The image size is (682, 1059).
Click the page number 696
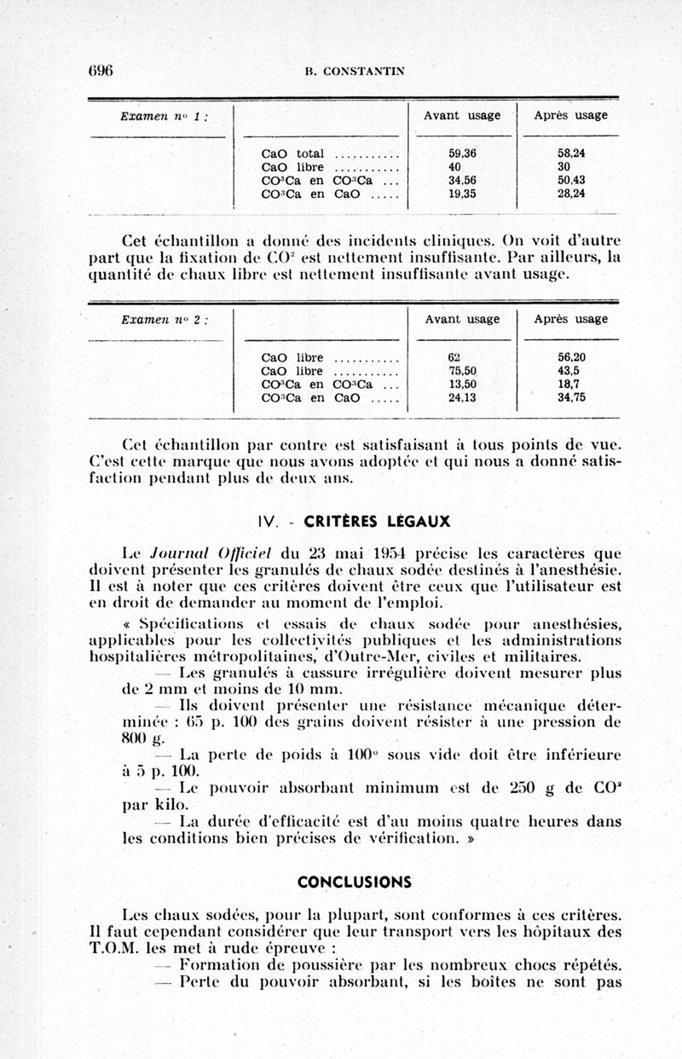coord(101,71)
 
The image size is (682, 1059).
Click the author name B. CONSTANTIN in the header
coord(343,72)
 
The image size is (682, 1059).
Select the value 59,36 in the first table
coord(461,153)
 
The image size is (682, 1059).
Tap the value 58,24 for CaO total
coord(571,153)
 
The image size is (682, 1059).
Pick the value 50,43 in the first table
coord(571,180)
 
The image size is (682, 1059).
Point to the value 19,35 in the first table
coord(461,194)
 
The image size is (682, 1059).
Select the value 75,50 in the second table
coord(461,371)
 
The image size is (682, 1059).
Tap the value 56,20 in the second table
coord(571,358)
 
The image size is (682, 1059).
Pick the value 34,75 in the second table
coord(571,397)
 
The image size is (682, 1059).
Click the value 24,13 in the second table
coord(461,397)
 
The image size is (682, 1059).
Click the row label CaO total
coord(292,153)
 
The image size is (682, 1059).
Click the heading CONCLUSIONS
coord(354,881)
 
